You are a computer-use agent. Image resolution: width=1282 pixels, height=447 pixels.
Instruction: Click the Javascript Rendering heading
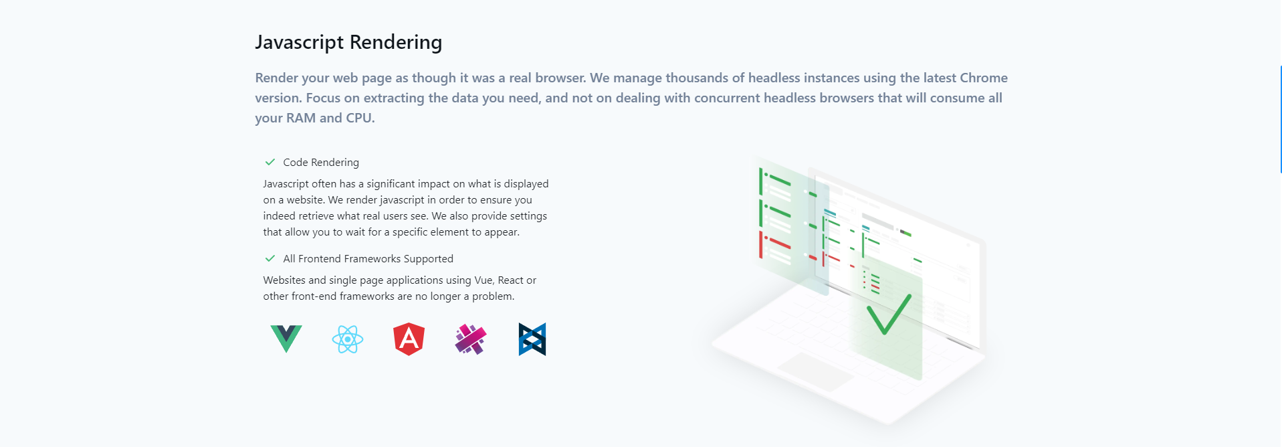[348, 42]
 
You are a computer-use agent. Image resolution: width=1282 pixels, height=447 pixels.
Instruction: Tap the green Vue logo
[286, 339]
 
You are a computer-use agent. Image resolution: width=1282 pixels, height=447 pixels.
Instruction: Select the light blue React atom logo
[348, 339]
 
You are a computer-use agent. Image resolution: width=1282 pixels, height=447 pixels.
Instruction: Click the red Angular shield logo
[409, 339]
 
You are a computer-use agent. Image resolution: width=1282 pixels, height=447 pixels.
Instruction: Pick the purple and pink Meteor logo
[471, 339]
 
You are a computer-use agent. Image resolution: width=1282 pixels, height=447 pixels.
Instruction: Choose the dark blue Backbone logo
[532, 339]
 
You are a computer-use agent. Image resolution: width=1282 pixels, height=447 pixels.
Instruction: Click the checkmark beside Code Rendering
[270, 162]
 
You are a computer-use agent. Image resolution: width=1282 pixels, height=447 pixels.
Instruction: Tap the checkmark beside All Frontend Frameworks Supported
[270, 258]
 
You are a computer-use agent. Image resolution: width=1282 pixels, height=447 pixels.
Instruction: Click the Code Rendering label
[321, 163]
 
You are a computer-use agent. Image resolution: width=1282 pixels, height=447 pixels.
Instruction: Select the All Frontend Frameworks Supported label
[368, 259]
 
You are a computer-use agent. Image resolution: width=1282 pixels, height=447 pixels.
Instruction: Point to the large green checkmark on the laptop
[889, 313]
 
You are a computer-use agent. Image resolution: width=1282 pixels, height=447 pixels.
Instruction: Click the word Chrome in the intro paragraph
[984, 78]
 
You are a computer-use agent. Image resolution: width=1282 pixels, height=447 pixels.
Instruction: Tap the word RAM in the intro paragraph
[301, 118]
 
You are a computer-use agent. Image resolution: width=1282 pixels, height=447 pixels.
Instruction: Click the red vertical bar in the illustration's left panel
[760, 245]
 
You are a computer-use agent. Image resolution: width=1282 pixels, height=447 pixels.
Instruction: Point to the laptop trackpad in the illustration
[815, 371]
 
